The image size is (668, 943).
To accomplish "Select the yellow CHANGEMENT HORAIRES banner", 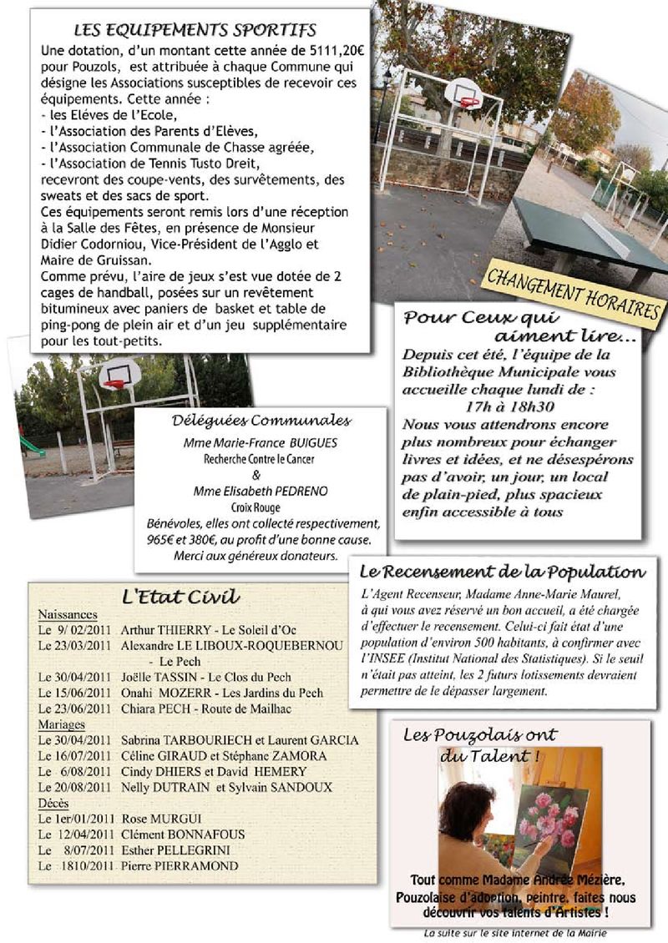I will tap(573, 296).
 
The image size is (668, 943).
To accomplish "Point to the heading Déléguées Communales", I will tap(261, 421).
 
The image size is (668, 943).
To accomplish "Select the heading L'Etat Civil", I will tap(180, 596).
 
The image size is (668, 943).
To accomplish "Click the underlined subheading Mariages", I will tap(61, 724).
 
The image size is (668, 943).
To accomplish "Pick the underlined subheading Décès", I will tap(53, 803).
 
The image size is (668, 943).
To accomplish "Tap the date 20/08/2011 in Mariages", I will tap(83, 787).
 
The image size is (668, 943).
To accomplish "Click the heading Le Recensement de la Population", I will tap(502, 572).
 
